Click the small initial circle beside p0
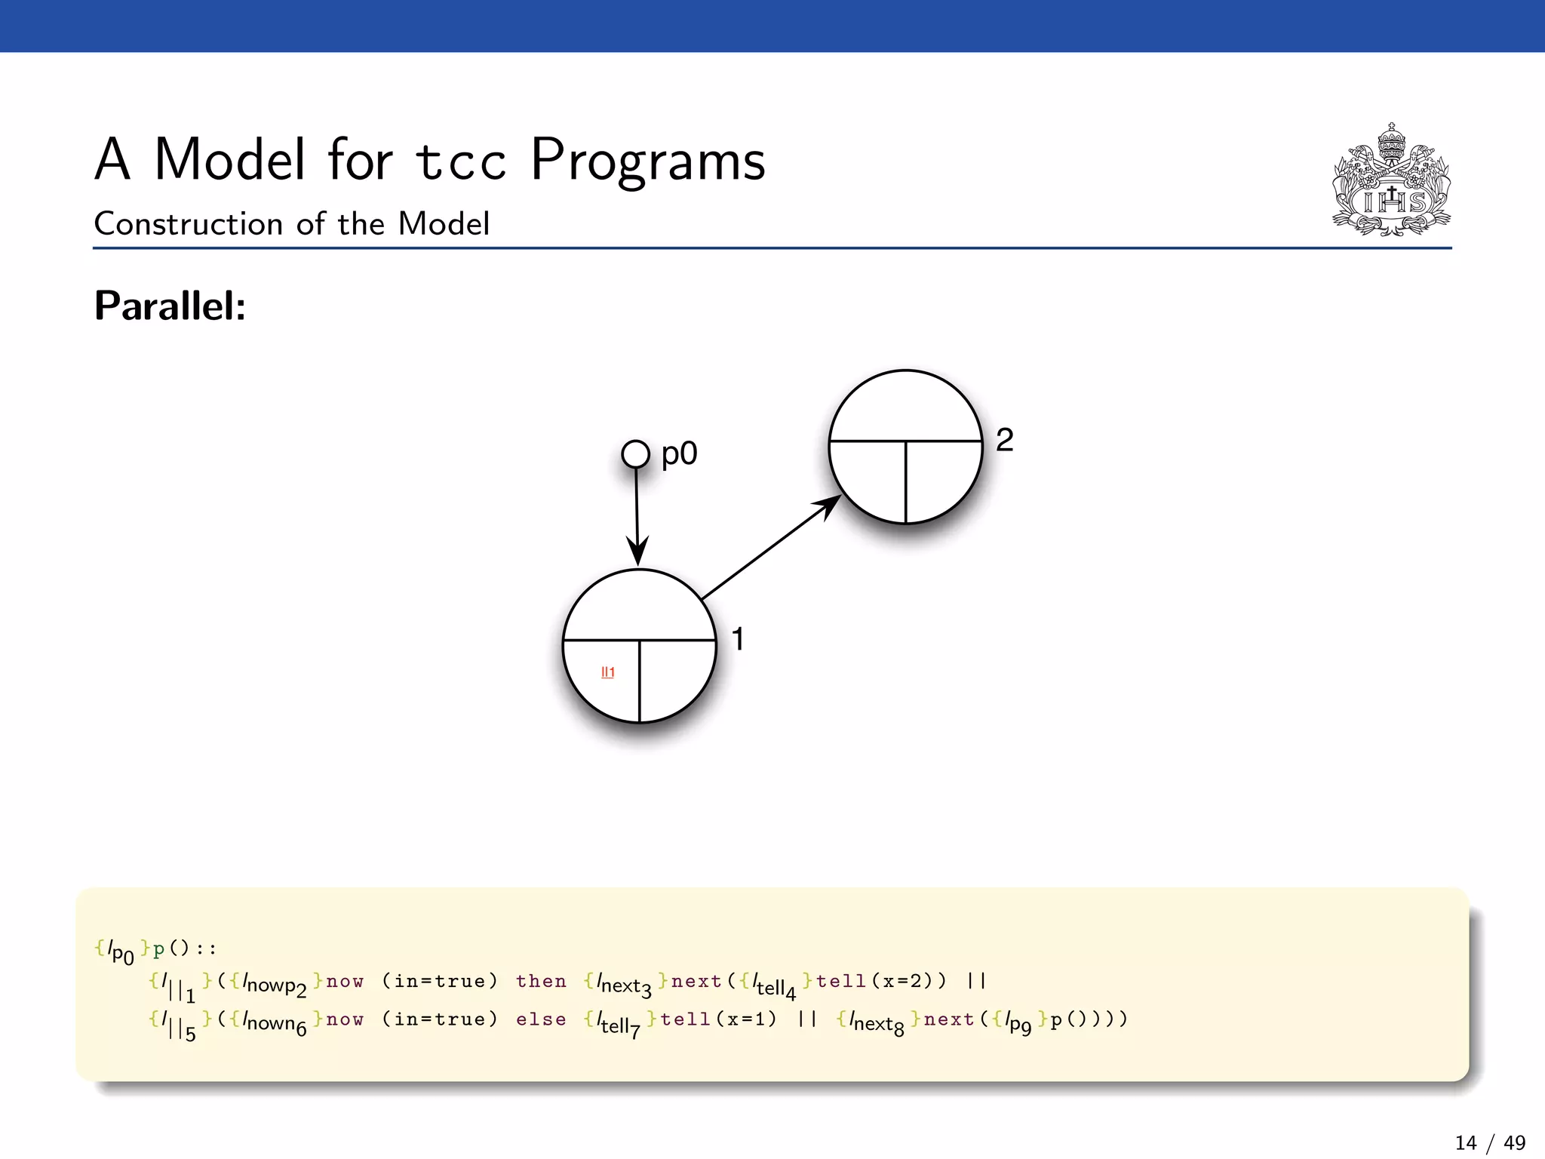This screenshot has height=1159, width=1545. tap(635, 454)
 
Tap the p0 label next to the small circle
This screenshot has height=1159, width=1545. tap(679, 454)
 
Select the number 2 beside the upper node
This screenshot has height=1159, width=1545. tap(1004, 440)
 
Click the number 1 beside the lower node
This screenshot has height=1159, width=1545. tap(738, 639)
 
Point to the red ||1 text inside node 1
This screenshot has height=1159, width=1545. tap(607, 672)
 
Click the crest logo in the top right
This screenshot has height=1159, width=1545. tap(1391, 181)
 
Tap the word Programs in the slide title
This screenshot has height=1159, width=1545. tap(647, 160)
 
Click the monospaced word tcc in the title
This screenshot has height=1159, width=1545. tap(460, 161)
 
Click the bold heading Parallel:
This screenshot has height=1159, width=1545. tap(170, 306)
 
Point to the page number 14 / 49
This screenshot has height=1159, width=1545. tap(1489, 1142)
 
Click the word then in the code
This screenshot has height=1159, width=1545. tap(541, 981)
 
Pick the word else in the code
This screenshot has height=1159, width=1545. tap(541, 1019)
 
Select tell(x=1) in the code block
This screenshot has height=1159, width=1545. tap(718, 1019)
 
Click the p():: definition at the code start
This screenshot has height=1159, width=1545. tap(184, 949)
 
